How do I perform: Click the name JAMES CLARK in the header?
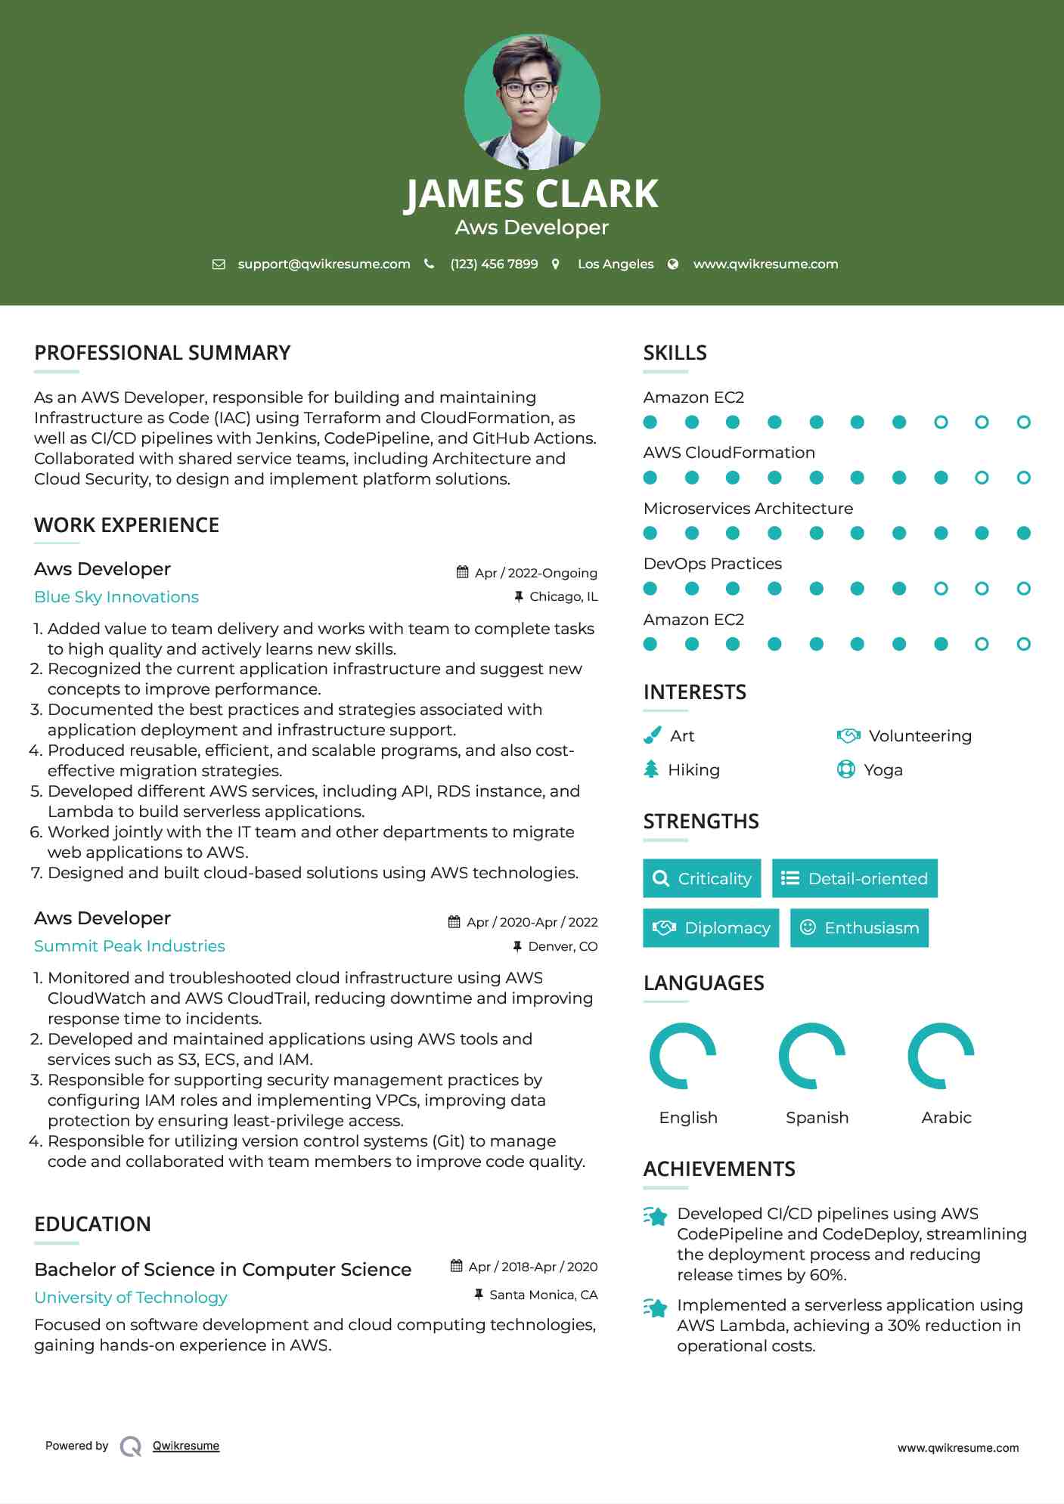(532, 194)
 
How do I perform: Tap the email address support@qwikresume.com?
(324, 264)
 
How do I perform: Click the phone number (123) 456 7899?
(494, 264)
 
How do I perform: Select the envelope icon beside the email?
(219, 265)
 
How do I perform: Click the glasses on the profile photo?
(529, 89)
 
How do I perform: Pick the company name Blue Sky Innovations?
(116, 597)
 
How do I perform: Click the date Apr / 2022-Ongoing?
(535, 573)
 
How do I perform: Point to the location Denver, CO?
(563, 946)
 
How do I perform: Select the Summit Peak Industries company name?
(129, 946)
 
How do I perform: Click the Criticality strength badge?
(702, 878)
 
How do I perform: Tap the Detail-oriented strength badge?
(855, 878)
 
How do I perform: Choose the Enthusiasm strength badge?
(859, 927)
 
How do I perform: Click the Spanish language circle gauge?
(812, 1056)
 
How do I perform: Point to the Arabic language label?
(946, 1117)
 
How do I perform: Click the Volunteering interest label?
(920, 735)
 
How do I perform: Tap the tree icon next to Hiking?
(651, 769)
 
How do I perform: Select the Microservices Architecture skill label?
(748, 508)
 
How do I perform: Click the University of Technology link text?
(131, 1297)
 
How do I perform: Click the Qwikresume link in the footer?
(186, 1445)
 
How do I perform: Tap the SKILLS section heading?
(675, 353)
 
